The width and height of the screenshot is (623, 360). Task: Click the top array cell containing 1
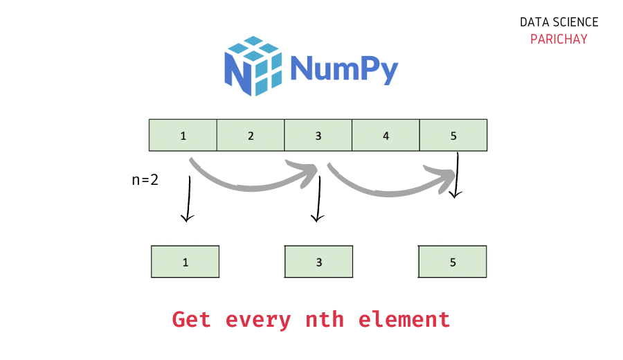coord(183,135)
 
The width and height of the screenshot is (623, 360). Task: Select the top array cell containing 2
coord(251,135)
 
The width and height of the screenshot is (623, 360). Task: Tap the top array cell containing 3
coord(318,135)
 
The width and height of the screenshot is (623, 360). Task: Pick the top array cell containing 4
coord(386,135)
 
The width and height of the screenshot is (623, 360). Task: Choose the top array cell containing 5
coord(453,135)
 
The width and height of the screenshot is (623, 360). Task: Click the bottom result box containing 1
coord(186,262)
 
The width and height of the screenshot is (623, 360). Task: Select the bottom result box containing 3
coord(318,262)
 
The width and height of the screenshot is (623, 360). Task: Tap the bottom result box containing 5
coord(453,262)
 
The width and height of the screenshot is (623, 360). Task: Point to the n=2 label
coord(145,180)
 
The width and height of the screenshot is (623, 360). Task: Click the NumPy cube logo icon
coord(253,65)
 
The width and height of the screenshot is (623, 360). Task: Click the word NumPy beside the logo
coord(344,68)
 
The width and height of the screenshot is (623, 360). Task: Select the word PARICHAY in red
coord(559,39)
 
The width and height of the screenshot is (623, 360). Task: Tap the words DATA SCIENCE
coord(559,23)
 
